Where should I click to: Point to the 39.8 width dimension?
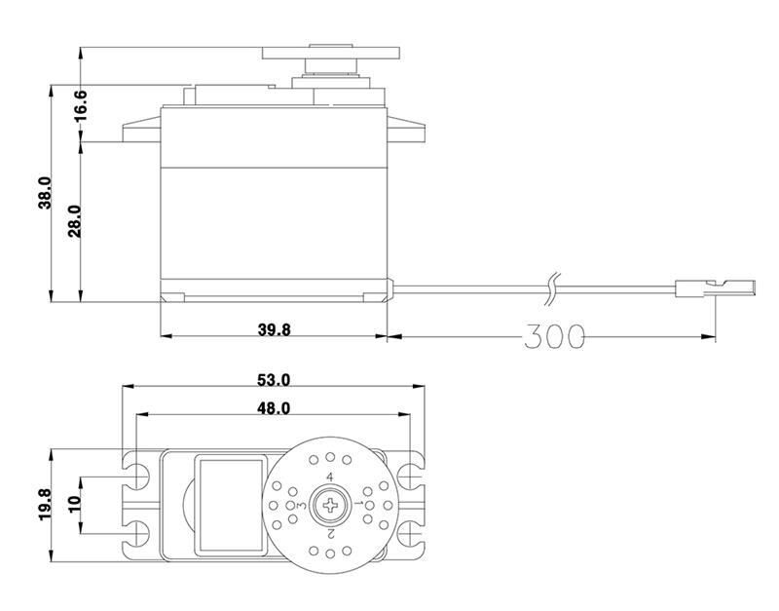[x=274, y=329]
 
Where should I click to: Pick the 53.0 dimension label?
[x=274, y=379]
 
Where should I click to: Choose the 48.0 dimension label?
[x=274, y=408]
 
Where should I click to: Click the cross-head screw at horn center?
[x=330, y=505]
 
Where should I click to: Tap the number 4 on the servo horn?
[x=330, y=477]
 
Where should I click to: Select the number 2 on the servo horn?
[x=331, y=534]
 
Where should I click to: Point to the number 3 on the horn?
[x=301, y=506]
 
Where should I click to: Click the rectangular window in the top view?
[x=231, y=505]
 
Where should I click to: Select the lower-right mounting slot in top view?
[x=410, y=531]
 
